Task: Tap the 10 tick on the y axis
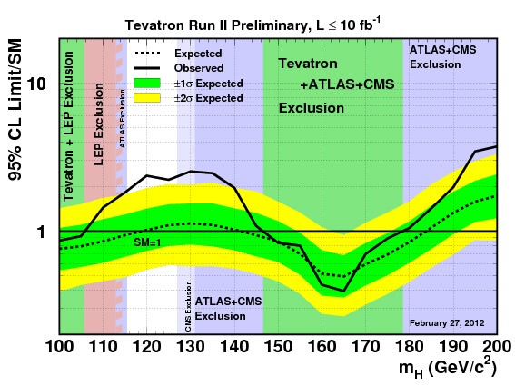tap(36, 84)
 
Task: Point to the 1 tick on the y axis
tap(41, 232)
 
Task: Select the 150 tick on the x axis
tap(279, 347)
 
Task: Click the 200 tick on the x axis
tap(497, 347)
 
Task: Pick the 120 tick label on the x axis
tap(147, 347)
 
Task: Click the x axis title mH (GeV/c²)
tap(447, 367)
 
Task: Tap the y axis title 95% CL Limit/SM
tap(15, 110)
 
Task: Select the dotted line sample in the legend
tap(147, 54)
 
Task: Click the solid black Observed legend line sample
tap(147, 68)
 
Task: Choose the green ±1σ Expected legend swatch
tap(147, 84)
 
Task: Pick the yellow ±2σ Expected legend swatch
tap(147, 98)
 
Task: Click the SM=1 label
tap(147, 242)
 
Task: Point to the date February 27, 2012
tap(447, 323)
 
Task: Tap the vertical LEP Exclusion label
tap(99, 124)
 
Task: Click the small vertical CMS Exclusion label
tap(188, 306)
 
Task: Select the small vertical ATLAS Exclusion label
tap(123, 118)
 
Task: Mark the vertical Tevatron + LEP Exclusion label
tap(68, 126)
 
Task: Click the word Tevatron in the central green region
tap(308, 64)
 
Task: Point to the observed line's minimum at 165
tap(343, 291)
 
